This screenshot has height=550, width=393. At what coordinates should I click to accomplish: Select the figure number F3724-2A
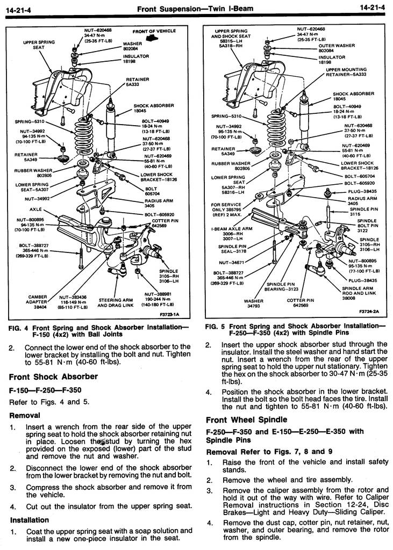coord(369,311)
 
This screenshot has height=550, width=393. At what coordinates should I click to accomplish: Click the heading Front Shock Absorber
coord(53,376)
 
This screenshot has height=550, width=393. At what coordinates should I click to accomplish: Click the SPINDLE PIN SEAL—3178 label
coord(232,249)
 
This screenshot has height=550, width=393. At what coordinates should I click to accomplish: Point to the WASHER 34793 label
coord(253,304)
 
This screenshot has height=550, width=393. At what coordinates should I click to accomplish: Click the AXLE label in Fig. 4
coord(35,209)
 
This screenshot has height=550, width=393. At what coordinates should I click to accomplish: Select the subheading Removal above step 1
coord(25,415)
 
